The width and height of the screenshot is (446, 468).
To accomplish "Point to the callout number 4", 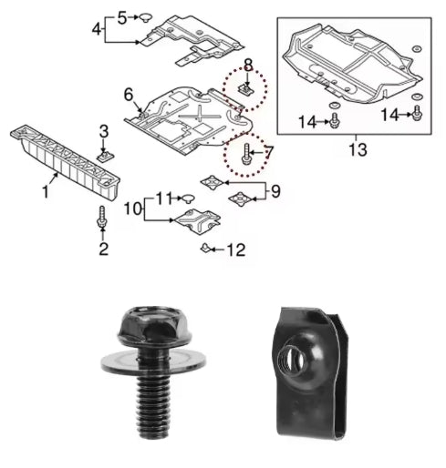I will coord(97,29).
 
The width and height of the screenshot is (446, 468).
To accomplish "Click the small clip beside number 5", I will coord(145,17).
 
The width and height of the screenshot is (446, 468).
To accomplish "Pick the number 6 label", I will coord(128,94).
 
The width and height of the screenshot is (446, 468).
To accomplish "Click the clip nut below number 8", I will coord(246,89).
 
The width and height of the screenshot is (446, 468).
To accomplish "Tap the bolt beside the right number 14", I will coord(418,113).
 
